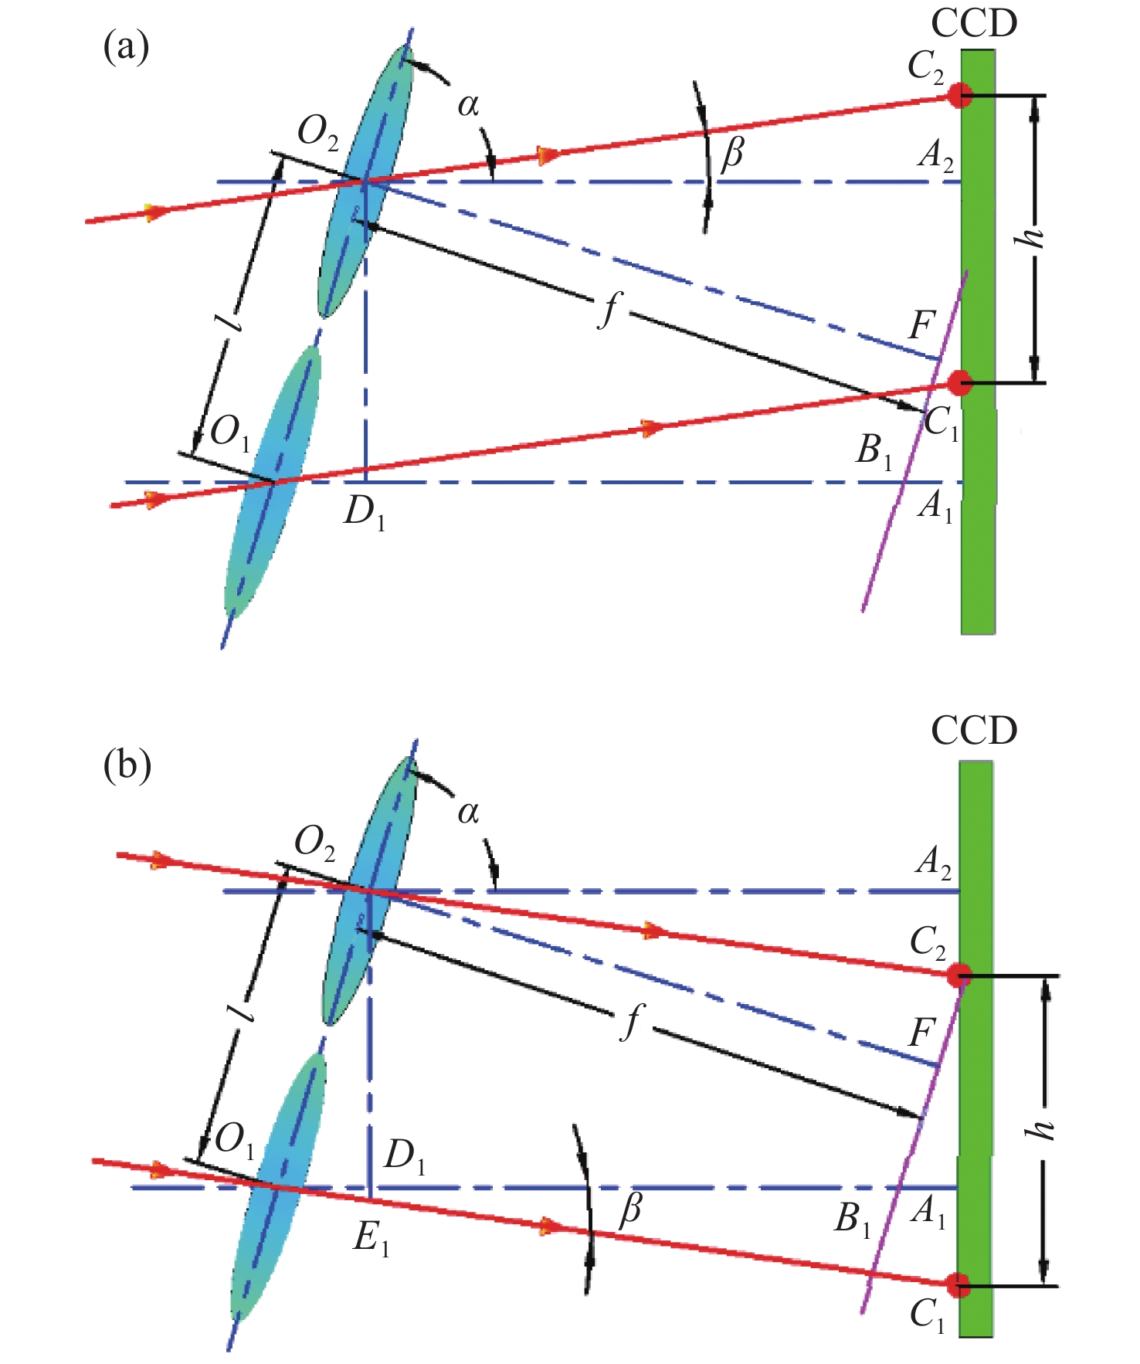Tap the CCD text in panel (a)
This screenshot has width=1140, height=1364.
(973, 24)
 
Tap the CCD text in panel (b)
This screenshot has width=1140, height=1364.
(973, 730)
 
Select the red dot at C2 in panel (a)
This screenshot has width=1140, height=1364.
(960, 95)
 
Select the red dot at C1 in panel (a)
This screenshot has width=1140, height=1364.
(960, 382)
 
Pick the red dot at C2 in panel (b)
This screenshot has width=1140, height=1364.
(959, 975)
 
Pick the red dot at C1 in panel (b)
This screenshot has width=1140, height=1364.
(958, 1285)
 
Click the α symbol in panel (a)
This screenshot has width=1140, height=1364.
(468, 105)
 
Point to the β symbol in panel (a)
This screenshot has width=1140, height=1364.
(731, 154)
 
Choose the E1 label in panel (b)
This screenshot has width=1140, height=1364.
(372, 1240)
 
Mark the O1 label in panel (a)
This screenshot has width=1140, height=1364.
(230, 434)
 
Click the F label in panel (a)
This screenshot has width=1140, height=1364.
(921, 325)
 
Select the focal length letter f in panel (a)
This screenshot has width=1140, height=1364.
(610, 309)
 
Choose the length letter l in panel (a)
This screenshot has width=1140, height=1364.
(237, 319)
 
